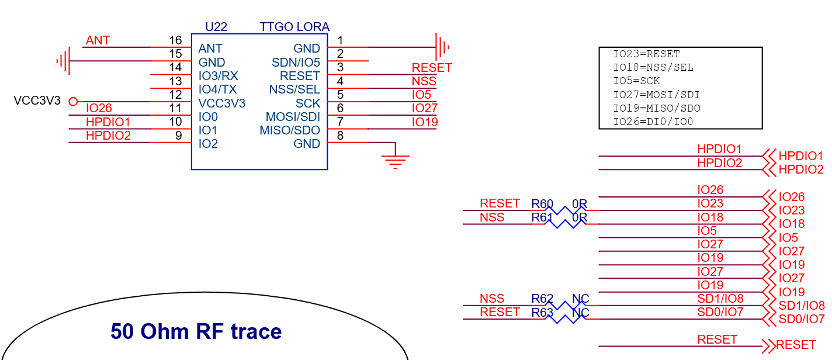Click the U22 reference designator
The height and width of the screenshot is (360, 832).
(216, 27)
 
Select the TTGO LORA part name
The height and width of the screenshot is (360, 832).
(294, 27)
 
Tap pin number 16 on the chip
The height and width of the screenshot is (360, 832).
(175, 40)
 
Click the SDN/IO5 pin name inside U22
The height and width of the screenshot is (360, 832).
(296, 62)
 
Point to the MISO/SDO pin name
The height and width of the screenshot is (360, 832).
(290, 130)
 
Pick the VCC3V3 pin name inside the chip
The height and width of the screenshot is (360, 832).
(222, 103)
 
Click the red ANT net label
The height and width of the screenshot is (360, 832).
(98, 40)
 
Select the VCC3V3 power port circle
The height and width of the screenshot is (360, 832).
(73, 102)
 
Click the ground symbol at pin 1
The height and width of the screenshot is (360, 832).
(442, 47)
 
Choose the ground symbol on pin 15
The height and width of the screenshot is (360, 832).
(63, 61)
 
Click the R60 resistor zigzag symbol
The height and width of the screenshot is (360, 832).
(565, 210)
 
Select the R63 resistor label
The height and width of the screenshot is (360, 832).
(542, 313)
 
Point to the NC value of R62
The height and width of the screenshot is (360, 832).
(581, 299)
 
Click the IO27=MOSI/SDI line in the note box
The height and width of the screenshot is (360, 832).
(656, 95)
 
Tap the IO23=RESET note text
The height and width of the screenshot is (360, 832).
(646, 54)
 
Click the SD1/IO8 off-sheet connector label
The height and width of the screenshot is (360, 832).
(802, 306)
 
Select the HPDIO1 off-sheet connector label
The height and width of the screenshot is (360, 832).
(801, 155)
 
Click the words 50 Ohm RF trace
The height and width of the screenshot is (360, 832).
(196, 331)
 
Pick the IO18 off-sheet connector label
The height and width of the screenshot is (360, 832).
(792, 224)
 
